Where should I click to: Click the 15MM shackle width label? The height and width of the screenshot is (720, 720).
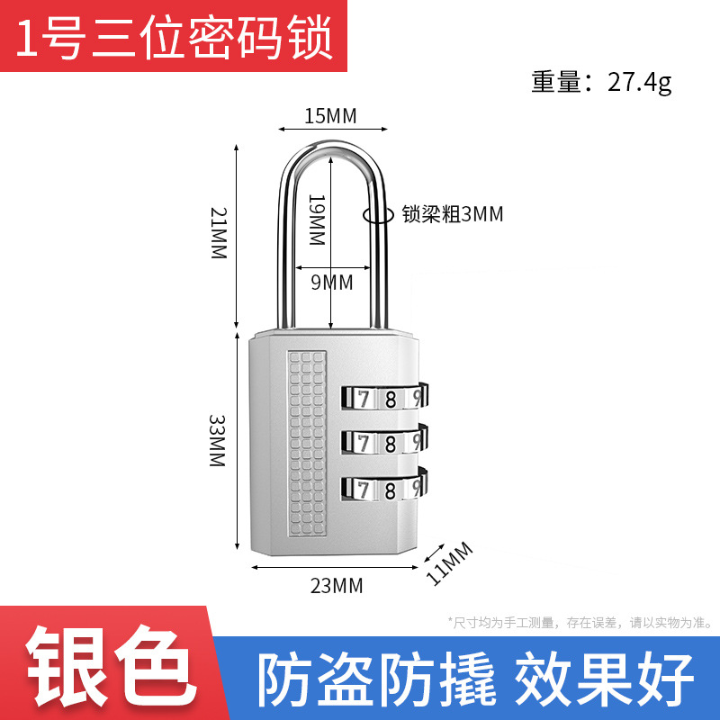tap(330, 116)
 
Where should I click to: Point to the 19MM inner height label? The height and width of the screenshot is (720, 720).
tap(316, 220)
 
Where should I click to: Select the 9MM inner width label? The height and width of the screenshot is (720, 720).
tap(331, 283)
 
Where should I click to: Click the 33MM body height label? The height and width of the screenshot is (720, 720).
tap(217, 440)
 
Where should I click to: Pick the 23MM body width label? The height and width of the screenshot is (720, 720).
tap(336, 586)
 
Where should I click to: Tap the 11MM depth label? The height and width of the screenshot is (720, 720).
tap(449, 563)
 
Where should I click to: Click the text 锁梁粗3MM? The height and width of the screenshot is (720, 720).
tap(452, 214)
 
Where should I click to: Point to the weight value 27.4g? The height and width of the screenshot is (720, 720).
tap(639, 83)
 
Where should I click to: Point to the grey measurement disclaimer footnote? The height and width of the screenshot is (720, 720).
tap(580, 621)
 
